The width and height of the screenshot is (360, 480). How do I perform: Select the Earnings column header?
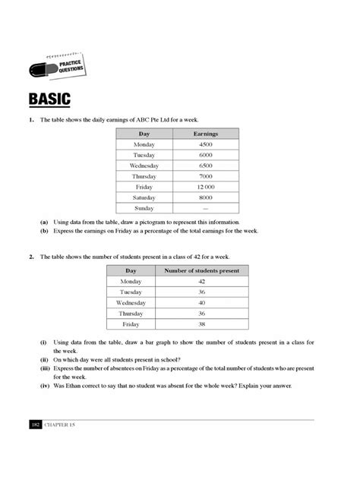coord(205,133)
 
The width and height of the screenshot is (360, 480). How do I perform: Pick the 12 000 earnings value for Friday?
coord(205,186)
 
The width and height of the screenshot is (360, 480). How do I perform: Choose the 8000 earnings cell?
coord(205,197)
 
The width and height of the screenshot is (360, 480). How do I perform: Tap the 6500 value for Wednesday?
coord(205,165)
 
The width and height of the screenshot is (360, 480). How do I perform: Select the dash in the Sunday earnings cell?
coord(205,207)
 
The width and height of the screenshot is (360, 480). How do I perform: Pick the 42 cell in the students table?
coord(202,281)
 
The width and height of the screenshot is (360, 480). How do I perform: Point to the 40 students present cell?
coord(202,302)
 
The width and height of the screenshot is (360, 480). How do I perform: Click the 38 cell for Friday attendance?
coord(202,324)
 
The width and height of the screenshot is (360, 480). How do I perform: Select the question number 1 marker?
coord(32,120)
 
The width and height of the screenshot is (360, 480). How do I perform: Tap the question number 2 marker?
coord(32,257)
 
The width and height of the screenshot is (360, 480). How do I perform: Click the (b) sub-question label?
coord(45,230)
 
